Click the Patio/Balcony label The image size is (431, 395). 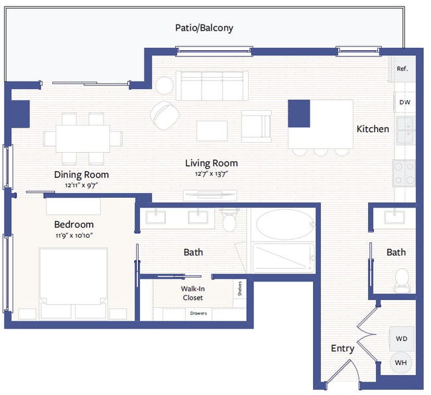click(204, 28)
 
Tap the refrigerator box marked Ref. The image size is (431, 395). click(402, 68)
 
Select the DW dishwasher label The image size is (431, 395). click(404, 102)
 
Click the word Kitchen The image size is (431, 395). click(373, 129)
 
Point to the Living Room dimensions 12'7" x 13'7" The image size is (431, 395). click(211, 174)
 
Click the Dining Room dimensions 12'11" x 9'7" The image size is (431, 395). click(81, 186)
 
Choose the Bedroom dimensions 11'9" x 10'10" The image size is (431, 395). click(74, 236)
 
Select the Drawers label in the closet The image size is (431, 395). click(198, 313)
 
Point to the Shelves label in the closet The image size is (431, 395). click(238, 289)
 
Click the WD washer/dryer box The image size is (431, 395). click(401, 339)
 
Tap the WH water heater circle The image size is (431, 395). click(401, 362)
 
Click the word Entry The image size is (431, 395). click(342, 349)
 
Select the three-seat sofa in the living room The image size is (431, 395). click(212, 85)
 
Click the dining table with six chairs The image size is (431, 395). click(83, 139)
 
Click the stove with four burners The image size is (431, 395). click(403, 174)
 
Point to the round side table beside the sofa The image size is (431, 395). click(164, 85)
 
